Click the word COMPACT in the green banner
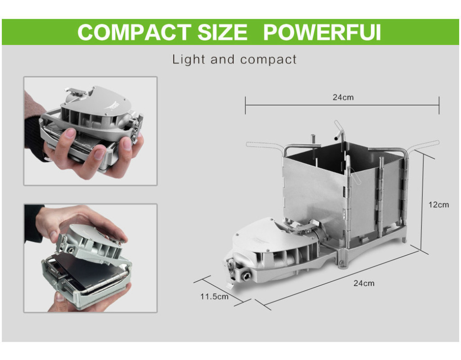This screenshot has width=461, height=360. click(134, 32)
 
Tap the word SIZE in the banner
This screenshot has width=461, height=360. click(222, 32)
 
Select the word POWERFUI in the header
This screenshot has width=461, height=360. click(322, 32)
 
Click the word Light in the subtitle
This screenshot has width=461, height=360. click(189, 59)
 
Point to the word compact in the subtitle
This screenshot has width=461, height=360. click(268, 60)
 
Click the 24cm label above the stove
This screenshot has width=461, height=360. click(343, 97)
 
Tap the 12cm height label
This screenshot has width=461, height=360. click(438, 205)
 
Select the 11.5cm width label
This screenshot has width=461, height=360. click(214, 296)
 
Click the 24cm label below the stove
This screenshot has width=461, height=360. click(364, 283)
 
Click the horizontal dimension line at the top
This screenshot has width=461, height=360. click(342, 105)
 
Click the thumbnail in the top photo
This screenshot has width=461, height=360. click(71, 134)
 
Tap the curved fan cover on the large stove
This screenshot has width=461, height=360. click(259, 235)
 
